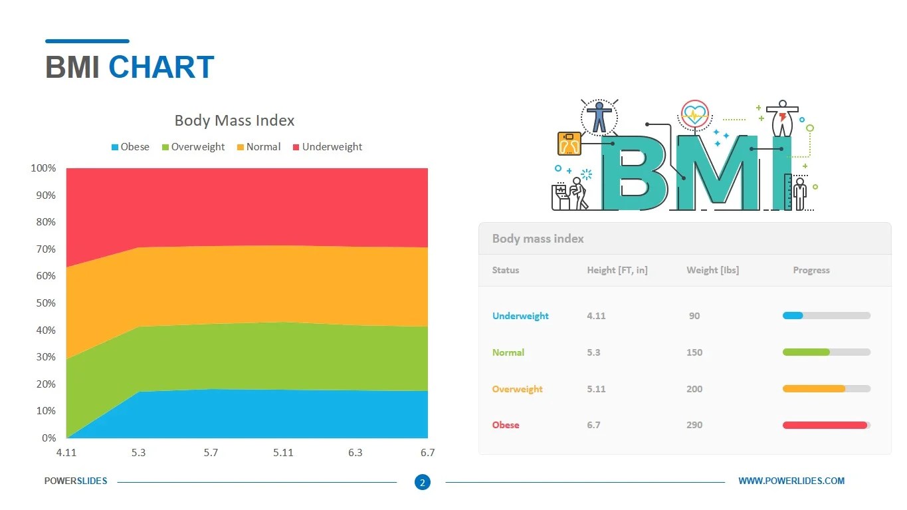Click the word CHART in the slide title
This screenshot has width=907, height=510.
161,68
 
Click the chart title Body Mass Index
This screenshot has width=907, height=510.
234,120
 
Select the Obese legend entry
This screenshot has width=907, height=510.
130,147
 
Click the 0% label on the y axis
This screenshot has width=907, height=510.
49,438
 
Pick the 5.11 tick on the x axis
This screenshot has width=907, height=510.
283,453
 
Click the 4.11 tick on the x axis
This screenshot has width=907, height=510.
66,453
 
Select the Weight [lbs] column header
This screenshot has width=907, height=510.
712,270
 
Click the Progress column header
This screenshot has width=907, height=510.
811,270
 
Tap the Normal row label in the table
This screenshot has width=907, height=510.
508,352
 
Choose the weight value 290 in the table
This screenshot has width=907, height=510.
694,425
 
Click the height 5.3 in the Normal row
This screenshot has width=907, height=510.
593,352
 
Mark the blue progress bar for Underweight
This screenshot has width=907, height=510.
793,316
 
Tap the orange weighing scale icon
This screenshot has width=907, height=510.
569,143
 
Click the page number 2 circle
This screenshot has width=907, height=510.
422,483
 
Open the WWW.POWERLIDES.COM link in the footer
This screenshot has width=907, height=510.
791,481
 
